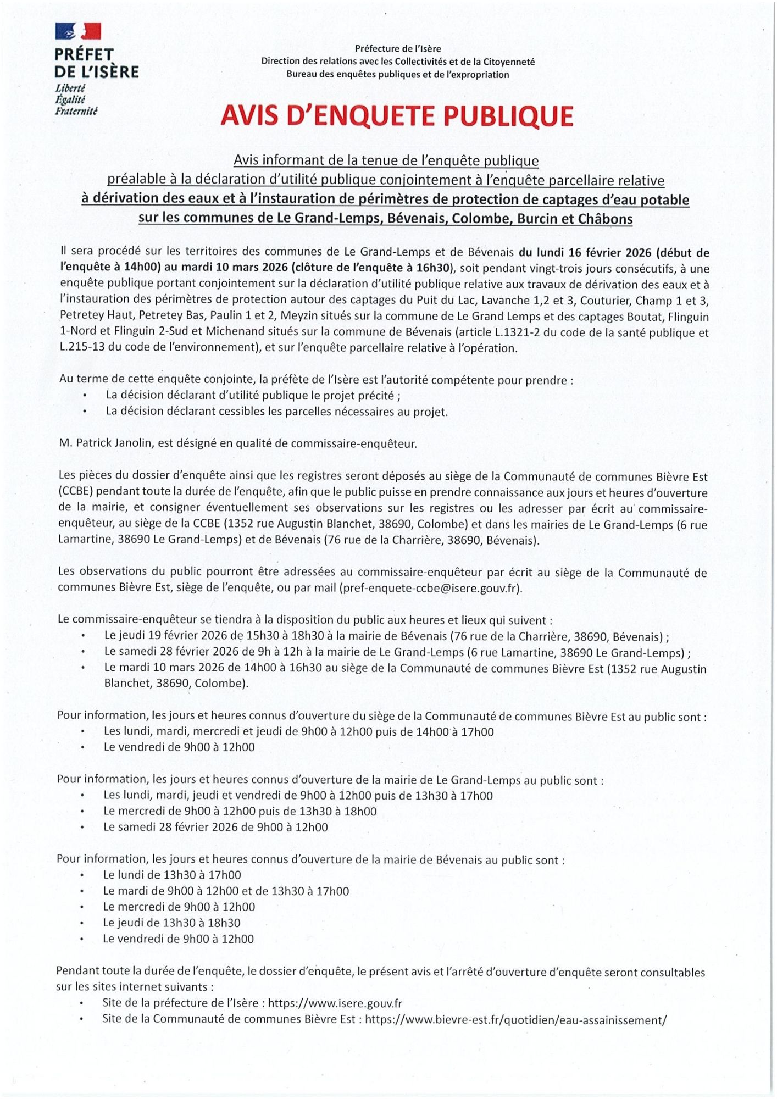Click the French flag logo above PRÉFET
pos(78,31)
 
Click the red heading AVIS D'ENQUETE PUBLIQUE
pos(397,116)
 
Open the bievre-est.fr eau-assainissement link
pos(515,1019)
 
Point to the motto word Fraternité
pos(76,111)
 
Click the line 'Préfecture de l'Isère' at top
pos(398,49)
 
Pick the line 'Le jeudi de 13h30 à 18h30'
pos(171,923)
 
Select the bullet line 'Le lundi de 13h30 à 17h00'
pos(172,875)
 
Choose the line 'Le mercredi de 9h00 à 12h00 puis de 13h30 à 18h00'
pos(240,811)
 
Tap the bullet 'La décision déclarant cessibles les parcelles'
pos(276,411)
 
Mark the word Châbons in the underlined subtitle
pos(605,219)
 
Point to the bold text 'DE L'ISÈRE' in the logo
pos(97,72)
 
